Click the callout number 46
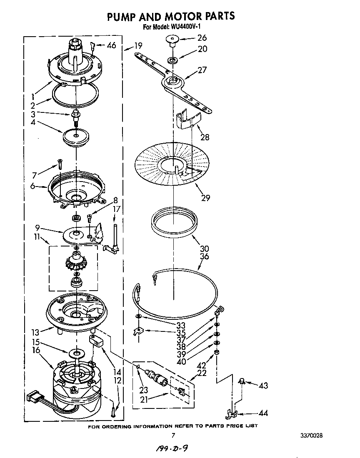pyautogui.click(x=111, y=45)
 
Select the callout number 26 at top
pyautogui.click(x=202, y=38)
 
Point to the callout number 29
pyautogui.click(x=205, y=198)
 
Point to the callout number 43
pyautogui.click(x=263, y=386)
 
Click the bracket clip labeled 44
pyautogui.click(x=231, y=414)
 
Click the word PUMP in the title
pyautogui.click(x=124, y=16)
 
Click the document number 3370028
pyautogui.click(x=311, y=436)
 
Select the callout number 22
pyautogui.click(x=202, y=373)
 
